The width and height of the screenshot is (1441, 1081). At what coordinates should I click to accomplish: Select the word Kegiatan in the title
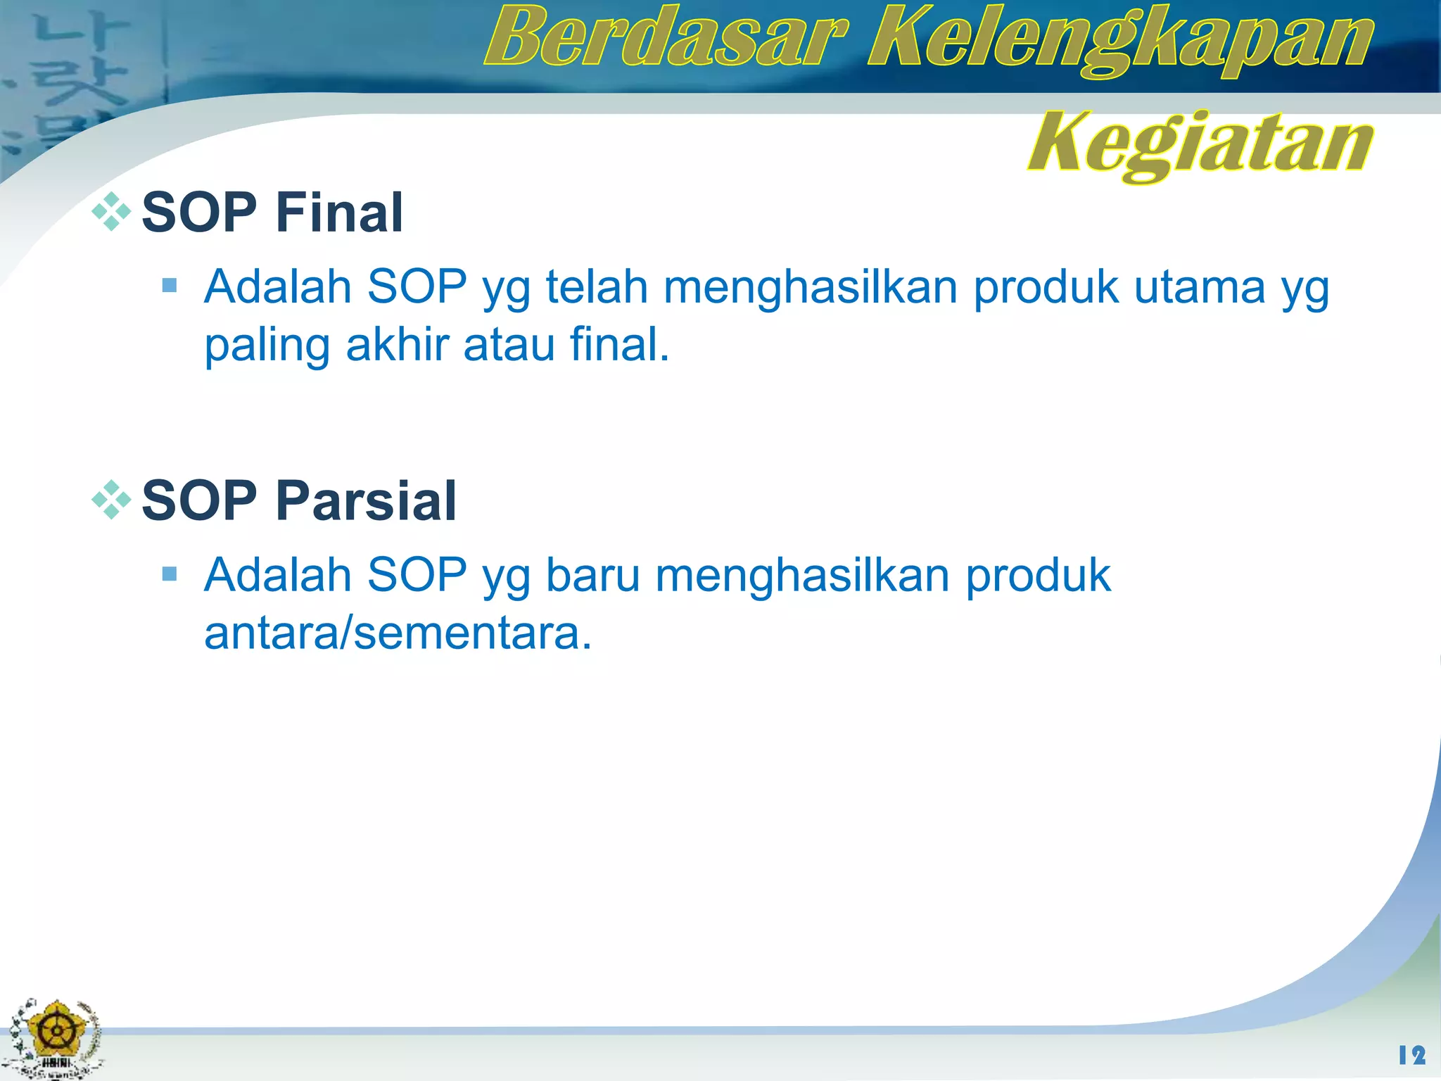tap(1200, 144)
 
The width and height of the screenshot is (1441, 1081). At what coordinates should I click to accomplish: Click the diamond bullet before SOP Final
tap(111, 211)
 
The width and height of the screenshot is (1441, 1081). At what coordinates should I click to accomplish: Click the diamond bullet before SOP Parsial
tap(111, 500)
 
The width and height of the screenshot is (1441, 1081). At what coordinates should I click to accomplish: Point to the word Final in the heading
tap(339, 213)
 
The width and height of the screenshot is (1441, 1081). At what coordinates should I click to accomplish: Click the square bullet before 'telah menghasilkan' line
tap(169, 285)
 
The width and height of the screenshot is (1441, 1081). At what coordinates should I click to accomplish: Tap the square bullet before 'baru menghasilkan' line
tap(169, 574)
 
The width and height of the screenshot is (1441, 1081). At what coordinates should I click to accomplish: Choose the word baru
tap(592, 576)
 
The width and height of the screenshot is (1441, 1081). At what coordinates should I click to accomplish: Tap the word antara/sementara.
tap(398, 633)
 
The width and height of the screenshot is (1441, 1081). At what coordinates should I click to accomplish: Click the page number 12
tap(1411, 1055)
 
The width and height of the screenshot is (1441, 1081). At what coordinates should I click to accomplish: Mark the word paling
tap(267, 346)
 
